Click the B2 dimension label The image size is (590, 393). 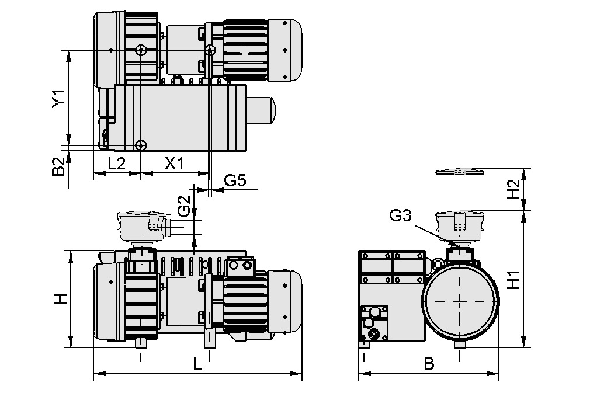click(57, 167)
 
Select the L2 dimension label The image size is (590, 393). click(117, 163)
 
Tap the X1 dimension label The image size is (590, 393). click(174, 163)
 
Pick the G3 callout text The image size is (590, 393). click(400, 216)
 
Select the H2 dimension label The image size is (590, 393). click(513, 189)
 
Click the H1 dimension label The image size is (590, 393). click(513, 279)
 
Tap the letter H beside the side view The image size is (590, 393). click(60, 298)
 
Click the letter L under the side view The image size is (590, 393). click(197, 365)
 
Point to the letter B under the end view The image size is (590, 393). click(429, 364)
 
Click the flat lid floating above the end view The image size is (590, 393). click(460, 171)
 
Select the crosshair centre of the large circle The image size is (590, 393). click(460, 300)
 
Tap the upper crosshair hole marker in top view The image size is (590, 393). click(141, 50)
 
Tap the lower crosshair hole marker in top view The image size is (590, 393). click(141, 145)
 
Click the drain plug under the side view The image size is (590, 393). click(140, 342)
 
